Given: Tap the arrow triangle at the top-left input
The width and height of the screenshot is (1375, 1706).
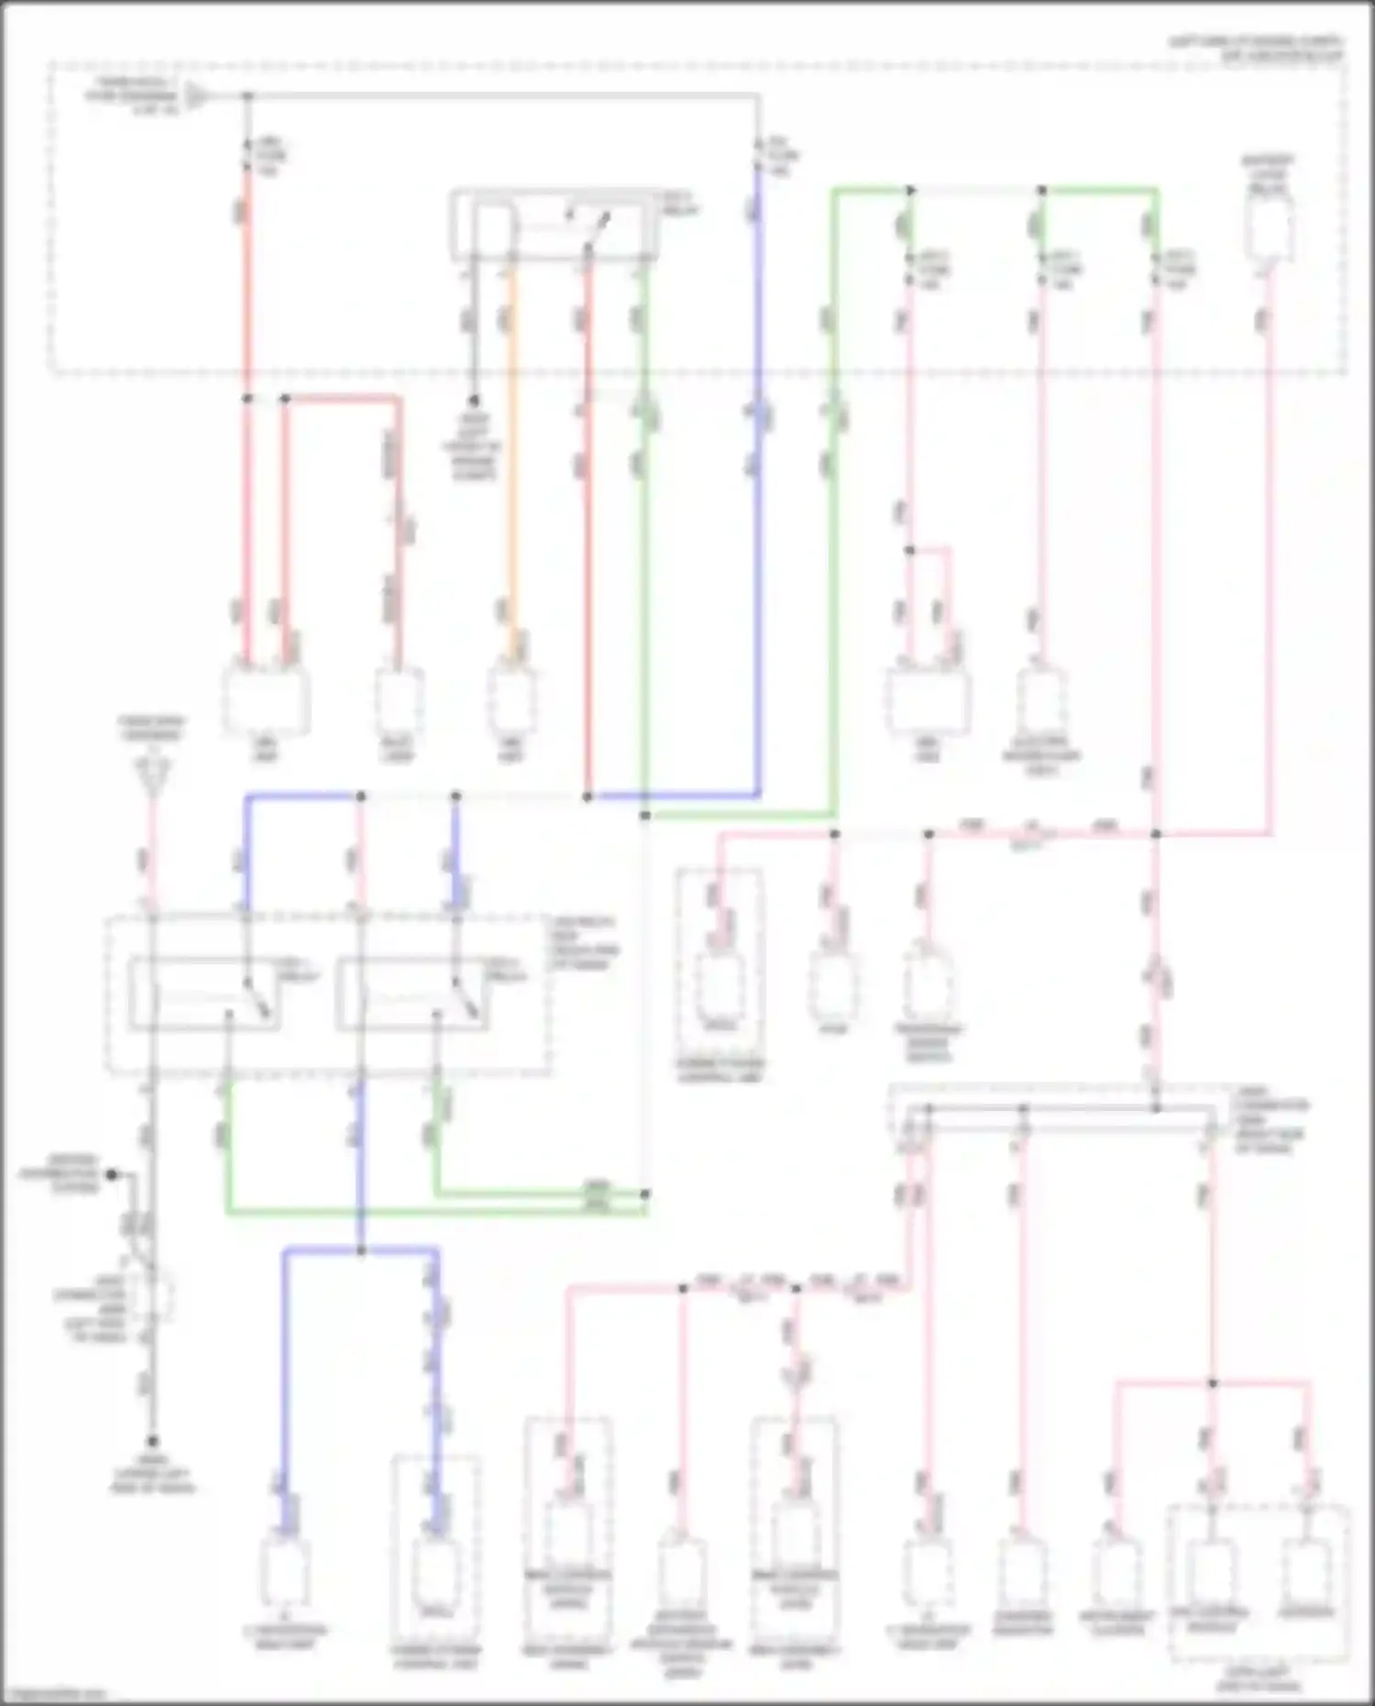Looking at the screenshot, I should coord(195,95).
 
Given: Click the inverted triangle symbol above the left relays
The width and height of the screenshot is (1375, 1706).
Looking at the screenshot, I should coord(152,776).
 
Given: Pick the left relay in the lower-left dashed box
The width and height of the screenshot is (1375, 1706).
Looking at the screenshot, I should coord(203,994).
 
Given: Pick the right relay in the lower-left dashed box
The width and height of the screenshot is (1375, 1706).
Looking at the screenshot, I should coord(412,994).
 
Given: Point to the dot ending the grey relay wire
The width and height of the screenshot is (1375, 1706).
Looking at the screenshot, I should coord(474,401).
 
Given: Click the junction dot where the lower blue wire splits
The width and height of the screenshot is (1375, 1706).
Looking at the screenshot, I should coord(360,1250).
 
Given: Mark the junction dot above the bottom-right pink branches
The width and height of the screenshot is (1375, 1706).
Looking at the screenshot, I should coord(1212,1382).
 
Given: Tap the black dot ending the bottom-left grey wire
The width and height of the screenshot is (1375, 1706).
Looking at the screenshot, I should coord(152,1441).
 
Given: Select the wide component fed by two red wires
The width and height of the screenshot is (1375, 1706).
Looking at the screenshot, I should coord(266,701).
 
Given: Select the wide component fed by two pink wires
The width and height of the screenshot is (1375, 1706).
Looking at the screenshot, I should coord(928,701).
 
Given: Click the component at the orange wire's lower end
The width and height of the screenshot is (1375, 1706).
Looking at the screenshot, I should coord(511,701).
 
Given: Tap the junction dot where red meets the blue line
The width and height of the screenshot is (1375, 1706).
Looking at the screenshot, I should coord(588,797).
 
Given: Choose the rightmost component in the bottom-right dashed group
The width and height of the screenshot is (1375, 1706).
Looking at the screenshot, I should coord(1306,1575).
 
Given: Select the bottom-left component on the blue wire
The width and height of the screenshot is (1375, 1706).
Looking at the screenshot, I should coord(285,1573).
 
